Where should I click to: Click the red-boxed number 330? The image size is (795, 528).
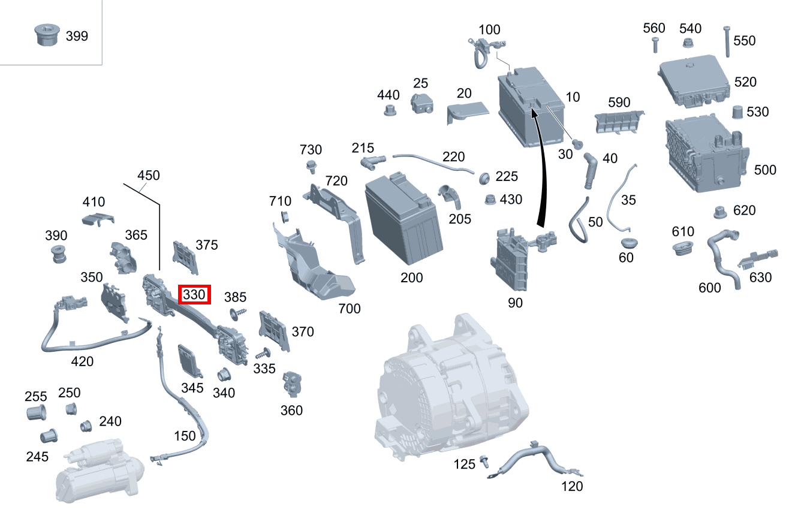pos(195,294)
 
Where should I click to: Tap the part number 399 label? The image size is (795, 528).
pos(76,36)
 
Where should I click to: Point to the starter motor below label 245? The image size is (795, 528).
pos(100,473)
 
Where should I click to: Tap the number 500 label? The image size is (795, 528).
pos(765,170)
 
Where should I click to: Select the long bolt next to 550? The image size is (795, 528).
pos(727,41)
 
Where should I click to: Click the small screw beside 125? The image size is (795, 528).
pos(484,462)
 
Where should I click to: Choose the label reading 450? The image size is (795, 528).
pos(149,176)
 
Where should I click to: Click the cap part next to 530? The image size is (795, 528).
pos(739,111)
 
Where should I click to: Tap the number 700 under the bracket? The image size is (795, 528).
pos(350,309)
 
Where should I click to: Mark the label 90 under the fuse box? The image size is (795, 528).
pos(515,303)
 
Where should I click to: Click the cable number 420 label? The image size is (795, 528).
pos(82,361)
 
